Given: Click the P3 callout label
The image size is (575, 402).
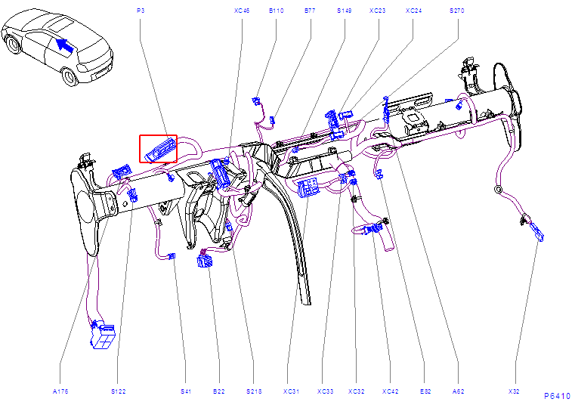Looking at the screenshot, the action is (x=141, y=11).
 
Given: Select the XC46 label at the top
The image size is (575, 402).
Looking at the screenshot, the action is (x=242, y=11).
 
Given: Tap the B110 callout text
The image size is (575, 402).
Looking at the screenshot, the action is (x=276, y=11).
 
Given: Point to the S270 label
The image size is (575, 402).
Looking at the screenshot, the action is (x=457, y=11).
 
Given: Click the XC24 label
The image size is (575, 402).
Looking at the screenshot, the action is (x=413, y=11).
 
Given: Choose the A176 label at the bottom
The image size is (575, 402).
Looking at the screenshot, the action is (x=60, y=391).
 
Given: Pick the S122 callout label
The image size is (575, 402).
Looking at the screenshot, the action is (x=119, y=391).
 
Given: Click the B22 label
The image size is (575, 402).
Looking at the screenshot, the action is (x=219, y=391).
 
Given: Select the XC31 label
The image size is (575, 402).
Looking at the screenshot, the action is (x=291, y=391).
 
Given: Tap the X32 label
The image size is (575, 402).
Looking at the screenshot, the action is (x=514, y=391).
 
